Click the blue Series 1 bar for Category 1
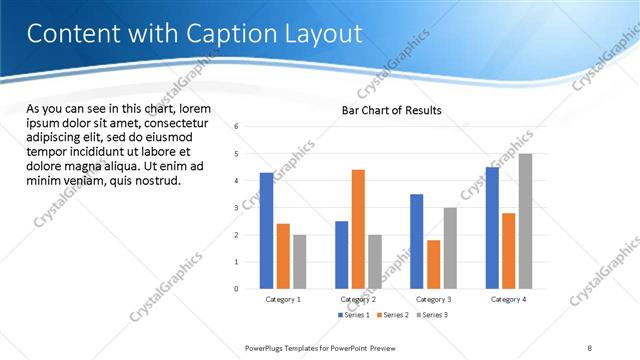coord(266,231)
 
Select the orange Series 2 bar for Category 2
coord(358,229)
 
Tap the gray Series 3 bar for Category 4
coord(525,221)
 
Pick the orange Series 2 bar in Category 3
coord(433,264)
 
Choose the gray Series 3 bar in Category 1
coord(299,262)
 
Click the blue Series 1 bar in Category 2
coord(342,255)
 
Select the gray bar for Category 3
coord(450,248)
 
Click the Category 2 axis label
coord(358,299)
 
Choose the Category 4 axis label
coord(508,299)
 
